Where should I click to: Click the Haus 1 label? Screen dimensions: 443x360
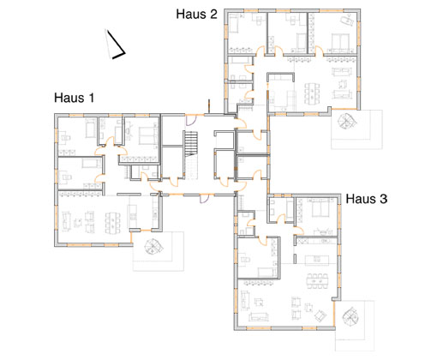[x=74, y=98]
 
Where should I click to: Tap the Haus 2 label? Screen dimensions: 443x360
[x=196, y=14]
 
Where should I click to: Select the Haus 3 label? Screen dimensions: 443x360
[x=367, y=199]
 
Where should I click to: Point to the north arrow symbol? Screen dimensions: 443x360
[x=115, y=45]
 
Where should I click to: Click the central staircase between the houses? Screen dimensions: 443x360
[x=191, y=143]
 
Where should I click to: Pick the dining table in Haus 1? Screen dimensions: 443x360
[x=113, y=223]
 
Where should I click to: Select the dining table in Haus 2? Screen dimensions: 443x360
[x=312, y=93]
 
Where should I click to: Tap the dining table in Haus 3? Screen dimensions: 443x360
[x=317, y=281]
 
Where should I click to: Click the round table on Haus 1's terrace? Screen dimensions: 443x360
[x=153, y=246]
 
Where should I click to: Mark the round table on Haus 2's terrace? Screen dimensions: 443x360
[x=347, y=121]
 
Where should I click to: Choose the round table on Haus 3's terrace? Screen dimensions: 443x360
[x=350, y=317]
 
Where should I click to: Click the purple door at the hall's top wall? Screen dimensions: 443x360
[x=190, y=120]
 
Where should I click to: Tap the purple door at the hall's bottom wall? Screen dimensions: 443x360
[x=204, y=199]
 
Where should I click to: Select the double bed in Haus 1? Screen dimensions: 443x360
[x=148, y=135]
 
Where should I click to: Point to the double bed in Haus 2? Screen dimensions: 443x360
[x=341, y=42]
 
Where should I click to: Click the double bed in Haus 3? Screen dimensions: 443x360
[x=321, y=208]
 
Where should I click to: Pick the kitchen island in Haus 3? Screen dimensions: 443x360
[x=317, y=260]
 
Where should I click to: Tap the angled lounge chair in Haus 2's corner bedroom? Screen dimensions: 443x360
[x=346, y=20]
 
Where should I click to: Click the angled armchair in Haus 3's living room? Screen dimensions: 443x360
[x=320, y=315]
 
